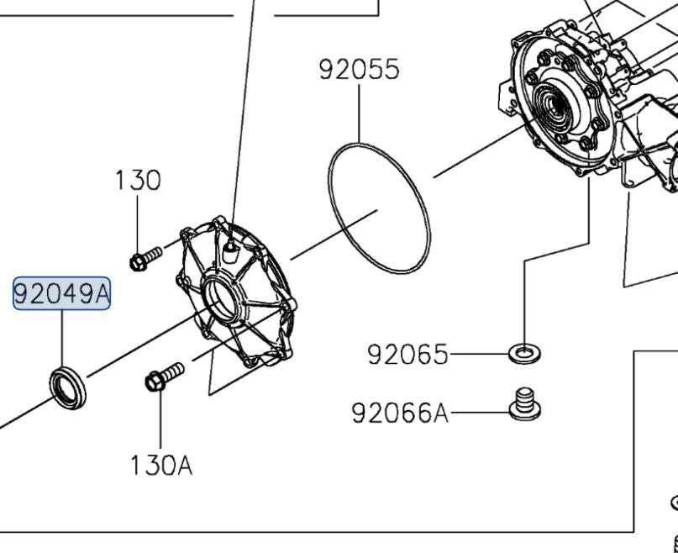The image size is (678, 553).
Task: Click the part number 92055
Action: click(359, 69)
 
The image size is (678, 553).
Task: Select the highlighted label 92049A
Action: click(61, 294)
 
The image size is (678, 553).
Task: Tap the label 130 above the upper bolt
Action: click(138, 181)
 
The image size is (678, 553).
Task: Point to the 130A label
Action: click(160, 465)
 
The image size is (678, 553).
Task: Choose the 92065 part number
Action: click(407, 355)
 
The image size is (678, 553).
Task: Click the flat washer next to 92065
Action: click(525, 351)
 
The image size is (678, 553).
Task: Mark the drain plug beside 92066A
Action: click(525, 403)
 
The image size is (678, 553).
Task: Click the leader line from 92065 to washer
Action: click(479, 355)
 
